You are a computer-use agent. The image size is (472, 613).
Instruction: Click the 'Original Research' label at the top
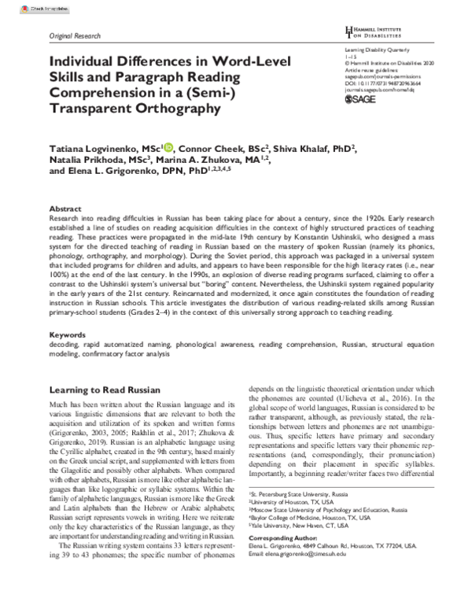point(76,36)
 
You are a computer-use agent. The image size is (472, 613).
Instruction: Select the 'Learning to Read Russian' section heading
point(105,390)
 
